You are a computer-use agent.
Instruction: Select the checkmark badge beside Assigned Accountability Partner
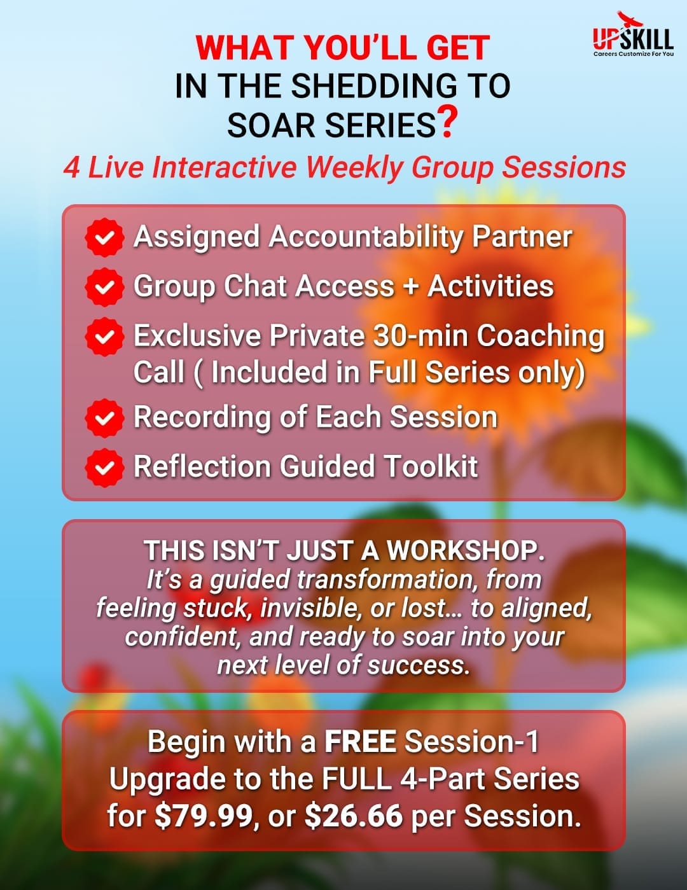tap(104, 237)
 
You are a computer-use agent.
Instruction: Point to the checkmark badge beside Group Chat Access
tap(104, 287)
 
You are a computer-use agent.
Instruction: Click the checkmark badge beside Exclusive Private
tap(104, 337)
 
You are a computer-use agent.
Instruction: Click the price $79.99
tap(204, 816)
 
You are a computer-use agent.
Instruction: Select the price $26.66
tap(354, 816)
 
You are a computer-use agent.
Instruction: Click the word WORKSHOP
tap(466, 550)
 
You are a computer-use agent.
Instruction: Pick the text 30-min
tap(420, 335)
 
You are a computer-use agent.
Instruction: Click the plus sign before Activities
tap(411, 287)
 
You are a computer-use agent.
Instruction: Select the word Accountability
tap(366, 237)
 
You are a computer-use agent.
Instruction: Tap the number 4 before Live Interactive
tap(72, 167)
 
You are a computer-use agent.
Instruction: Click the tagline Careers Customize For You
tap(634, 54)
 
